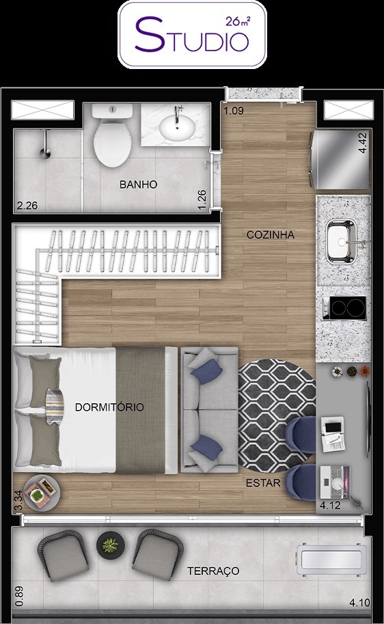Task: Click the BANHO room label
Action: click(139, 185)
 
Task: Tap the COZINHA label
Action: click(271, 235)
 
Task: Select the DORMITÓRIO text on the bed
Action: click(109, 407)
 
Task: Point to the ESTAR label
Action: click(263, 483)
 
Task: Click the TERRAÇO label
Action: click(213, 571)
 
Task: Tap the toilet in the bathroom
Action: click(112, 135)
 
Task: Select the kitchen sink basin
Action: click(341, 241)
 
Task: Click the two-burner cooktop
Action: click(344, 308)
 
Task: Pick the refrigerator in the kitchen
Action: click(340, 159)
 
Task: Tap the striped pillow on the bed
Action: click(55, 407)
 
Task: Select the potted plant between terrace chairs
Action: click(110, 545)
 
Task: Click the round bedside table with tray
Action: click(42, 493)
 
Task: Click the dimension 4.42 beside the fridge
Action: click(363, 144)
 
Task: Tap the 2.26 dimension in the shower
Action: click(27, 206)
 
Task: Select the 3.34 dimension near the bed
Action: click(18, 500)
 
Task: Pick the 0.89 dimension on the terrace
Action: click(18, 596)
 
